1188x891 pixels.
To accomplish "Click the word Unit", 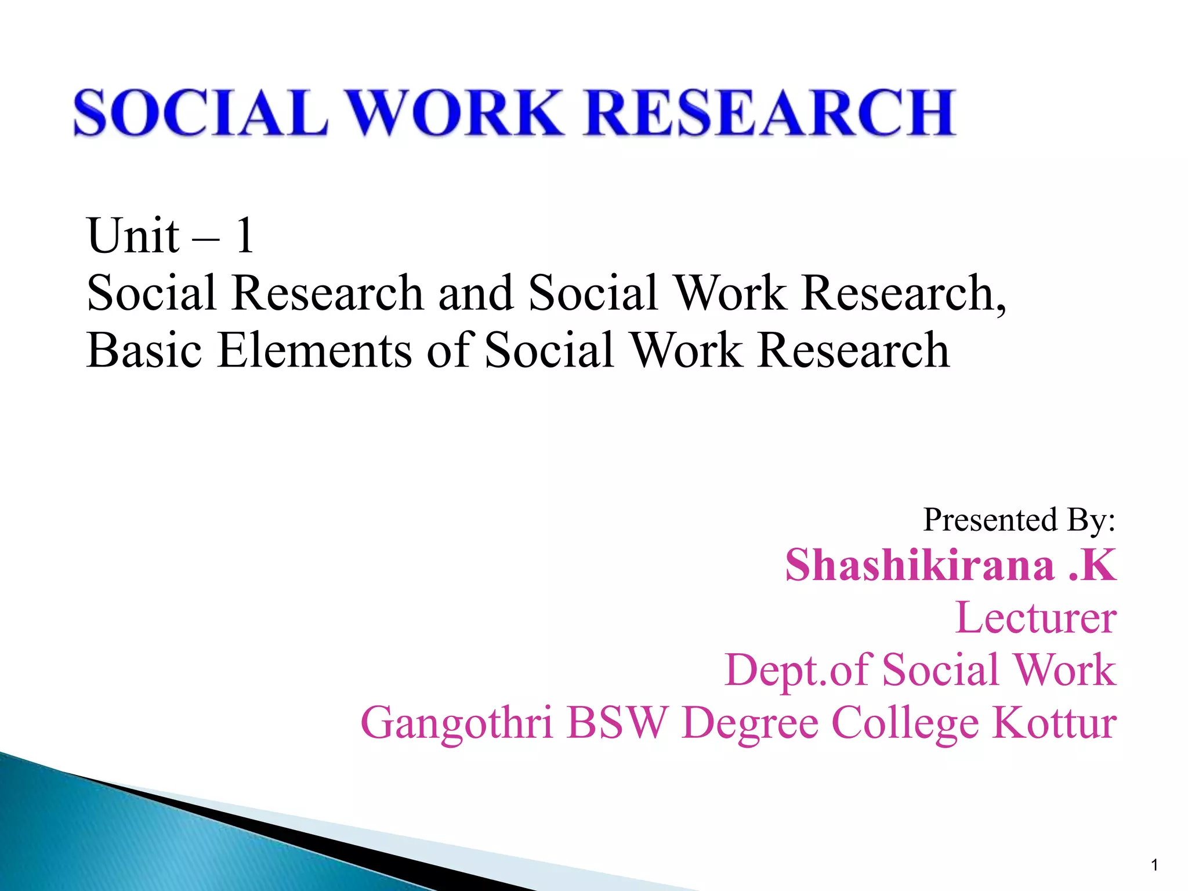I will (x=133, y=236).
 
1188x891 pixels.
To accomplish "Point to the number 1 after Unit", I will (x=244, y=236).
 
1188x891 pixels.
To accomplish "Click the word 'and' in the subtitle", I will (x=476, y=293).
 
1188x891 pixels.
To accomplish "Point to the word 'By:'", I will (x=1091, y=519).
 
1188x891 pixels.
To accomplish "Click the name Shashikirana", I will (x=920, y=565).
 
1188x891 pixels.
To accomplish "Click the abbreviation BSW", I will (x=617, y=723).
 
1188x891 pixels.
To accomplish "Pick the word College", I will (x=905, y=723).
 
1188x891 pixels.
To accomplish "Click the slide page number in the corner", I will (x=1154, y=865).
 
